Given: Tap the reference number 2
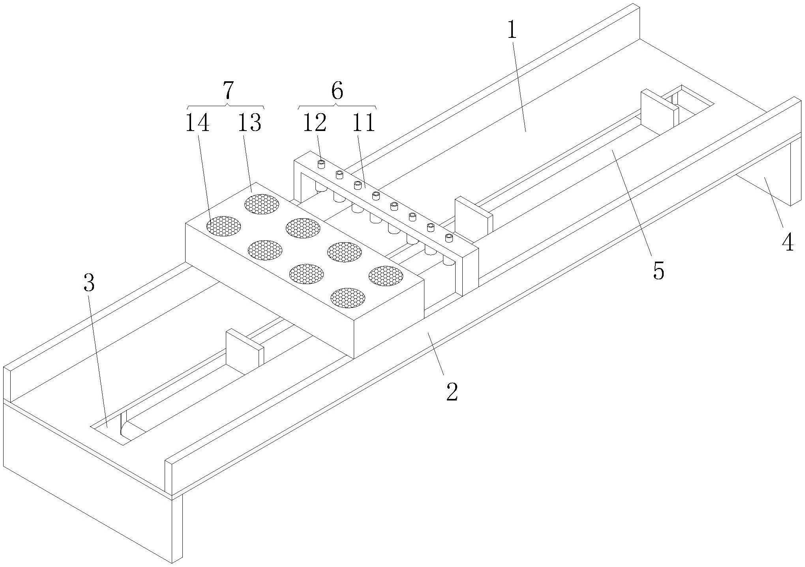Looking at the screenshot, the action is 452,391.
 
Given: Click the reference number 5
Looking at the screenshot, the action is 659,270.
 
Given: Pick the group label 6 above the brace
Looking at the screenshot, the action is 337,91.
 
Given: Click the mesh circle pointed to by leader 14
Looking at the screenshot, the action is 223,226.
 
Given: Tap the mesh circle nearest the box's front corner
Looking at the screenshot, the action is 347,298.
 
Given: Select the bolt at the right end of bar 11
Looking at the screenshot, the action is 448,238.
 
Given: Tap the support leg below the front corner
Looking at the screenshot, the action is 177,529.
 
